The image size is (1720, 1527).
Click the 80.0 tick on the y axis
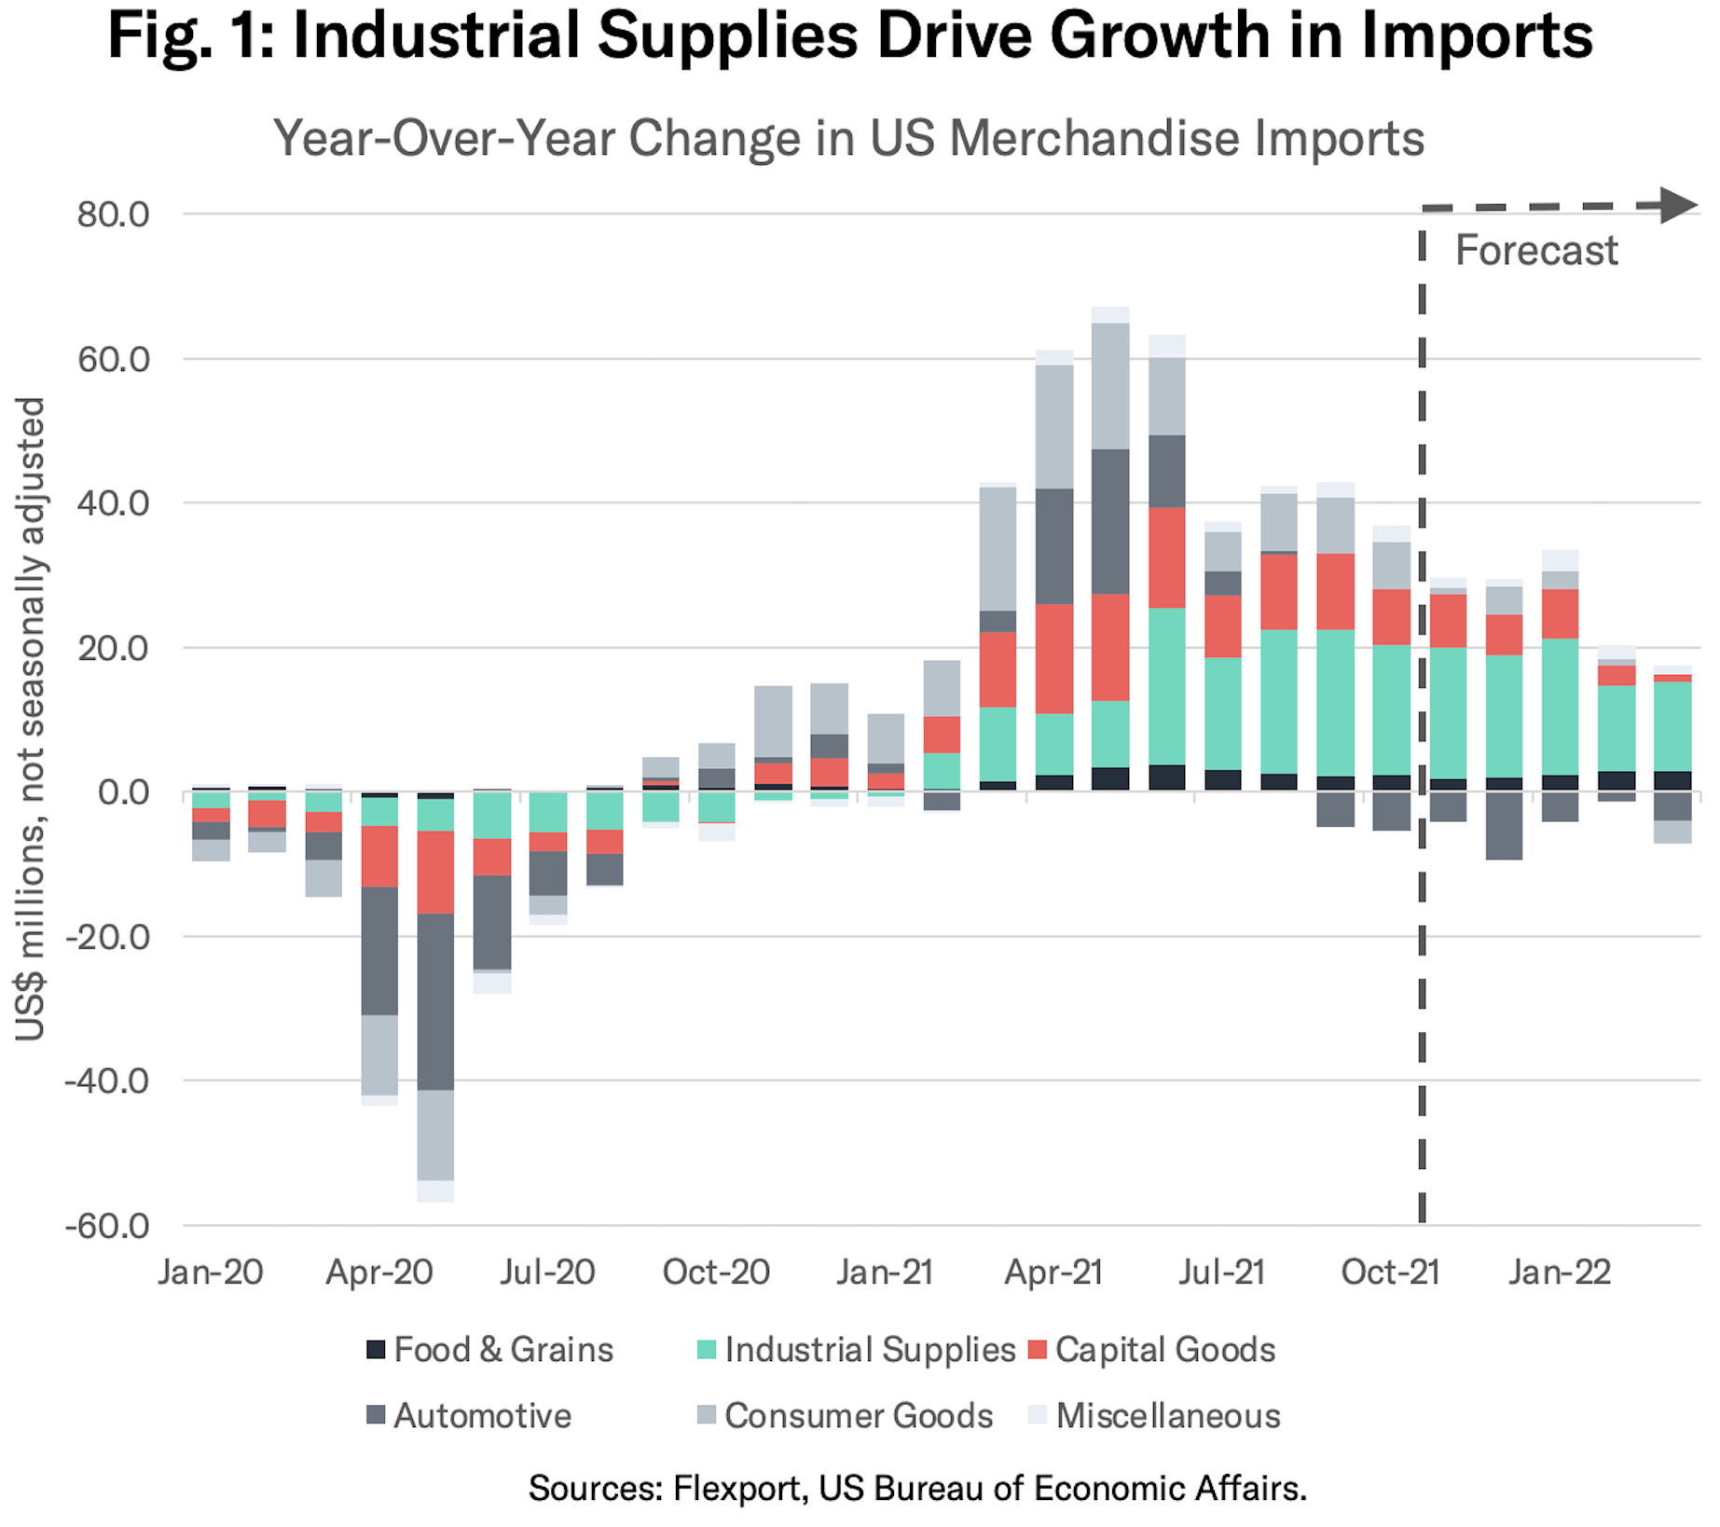[x=113, y=215]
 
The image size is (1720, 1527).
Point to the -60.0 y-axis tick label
[x=107, y=1226]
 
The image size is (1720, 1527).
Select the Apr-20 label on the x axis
[x=379, y=1272]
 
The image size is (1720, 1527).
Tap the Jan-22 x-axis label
[x=1560, y=1272]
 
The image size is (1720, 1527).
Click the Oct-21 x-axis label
[x=1390, y=1272]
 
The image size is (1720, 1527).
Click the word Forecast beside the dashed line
[x=1536, y=251]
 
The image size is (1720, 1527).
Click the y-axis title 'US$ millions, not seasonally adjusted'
[x=31, y=719]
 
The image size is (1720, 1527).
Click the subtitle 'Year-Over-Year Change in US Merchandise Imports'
[x=848, y=138]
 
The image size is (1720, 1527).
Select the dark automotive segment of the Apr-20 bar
[x=379, y=950]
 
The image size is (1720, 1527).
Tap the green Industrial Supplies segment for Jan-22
[x=1560, y=707]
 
